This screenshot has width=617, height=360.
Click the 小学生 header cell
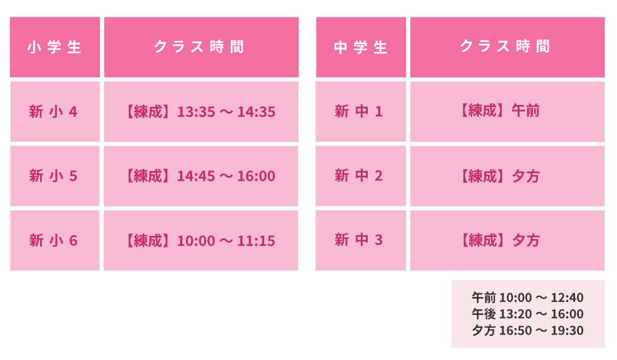(55, 48)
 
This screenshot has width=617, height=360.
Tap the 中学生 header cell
(361, 48)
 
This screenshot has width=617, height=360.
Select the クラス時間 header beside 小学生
(201, 48)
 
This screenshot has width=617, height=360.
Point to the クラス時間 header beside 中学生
(507, 48)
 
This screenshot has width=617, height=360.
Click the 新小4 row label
(53, 112)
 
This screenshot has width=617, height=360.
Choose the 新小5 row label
(53, 175)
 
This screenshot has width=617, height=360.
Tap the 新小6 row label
(53, 240)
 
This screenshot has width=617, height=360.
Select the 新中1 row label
(358, 111)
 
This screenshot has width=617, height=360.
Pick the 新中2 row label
(358, 175)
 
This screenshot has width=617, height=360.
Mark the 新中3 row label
(358, 240)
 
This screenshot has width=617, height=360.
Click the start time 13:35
(196, 112)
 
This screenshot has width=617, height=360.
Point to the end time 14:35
(256, 112)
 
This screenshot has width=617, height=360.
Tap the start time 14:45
(196, 176)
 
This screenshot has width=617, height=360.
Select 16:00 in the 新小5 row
(256, 176)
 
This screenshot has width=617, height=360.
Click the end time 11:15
(256, 241)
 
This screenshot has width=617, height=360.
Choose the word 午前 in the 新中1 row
(525, 111)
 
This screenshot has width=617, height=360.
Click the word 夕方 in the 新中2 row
(525, 176)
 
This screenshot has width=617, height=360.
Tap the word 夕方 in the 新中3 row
(525, 240)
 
